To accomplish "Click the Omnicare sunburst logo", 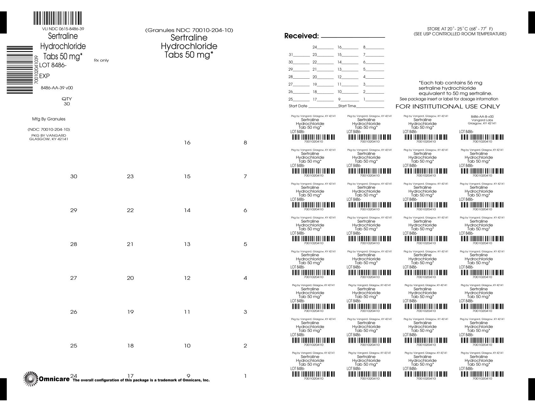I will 31,379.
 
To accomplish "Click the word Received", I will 301,36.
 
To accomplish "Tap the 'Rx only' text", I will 101,60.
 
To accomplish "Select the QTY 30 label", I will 67,101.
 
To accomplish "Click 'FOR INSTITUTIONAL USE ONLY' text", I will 447,107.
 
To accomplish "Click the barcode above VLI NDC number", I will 57,18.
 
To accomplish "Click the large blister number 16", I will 187,143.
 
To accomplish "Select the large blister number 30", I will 74,176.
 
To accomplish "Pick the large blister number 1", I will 245,376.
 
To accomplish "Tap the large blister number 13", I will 187,244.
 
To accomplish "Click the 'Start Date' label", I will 298,106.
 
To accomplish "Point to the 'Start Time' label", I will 347,106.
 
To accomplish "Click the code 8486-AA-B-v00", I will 482,116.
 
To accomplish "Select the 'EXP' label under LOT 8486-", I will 44,76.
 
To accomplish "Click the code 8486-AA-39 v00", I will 57,88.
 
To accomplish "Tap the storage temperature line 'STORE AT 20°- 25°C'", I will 460,29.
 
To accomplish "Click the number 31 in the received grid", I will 291,55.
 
